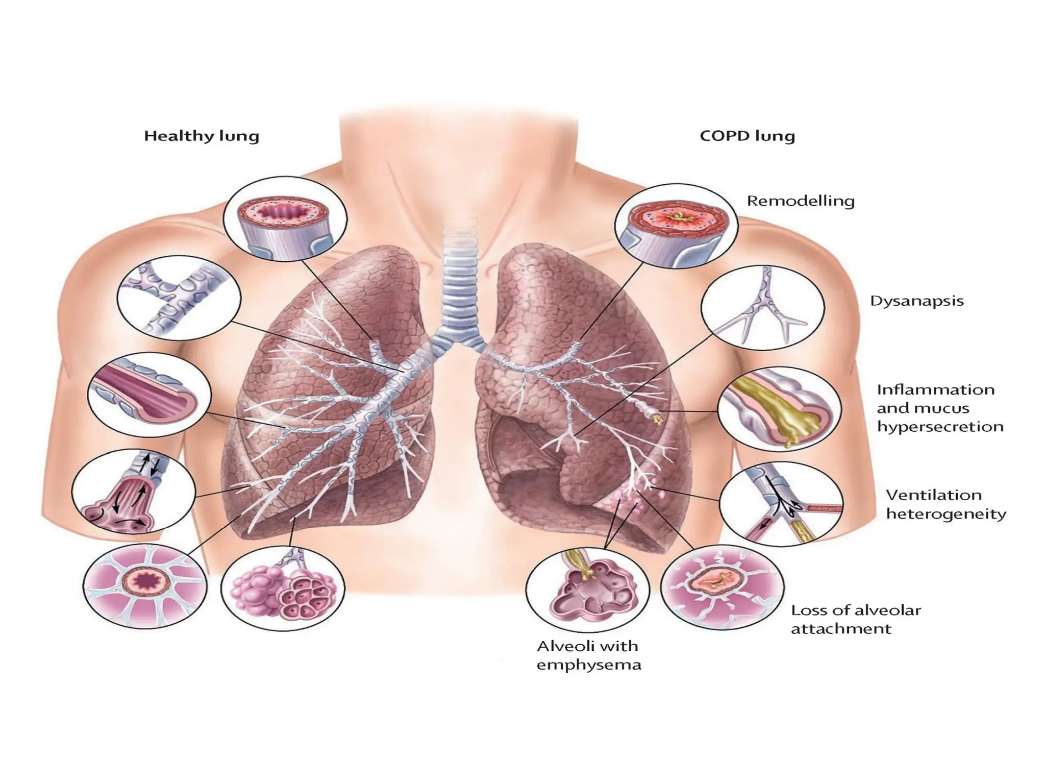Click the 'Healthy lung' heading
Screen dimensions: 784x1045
tap(202, 136)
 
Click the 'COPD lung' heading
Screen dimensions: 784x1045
tap(747, 136)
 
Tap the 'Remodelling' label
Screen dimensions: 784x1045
tap(800, 201)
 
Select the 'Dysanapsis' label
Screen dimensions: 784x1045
tap(916, 301)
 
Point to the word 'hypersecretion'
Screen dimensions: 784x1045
tap(940, 427)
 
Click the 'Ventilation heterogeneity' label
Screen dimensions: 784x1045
tap(946, 504)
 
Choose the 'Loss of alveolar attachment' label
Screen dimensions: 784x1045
tap(856, 619)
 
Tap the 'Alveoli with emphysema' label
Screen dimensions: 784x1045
tap(588, 655)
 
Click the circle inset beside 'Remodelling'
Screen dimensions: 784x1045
tap(676, 226)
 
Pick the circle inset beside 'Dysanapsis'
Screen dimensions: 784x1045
tap(762, 307)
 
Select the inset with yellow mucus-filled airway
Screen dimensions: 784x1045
tap(779, 409)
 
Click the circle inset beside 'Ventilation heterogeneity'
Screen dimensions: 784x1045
tap(781, 504)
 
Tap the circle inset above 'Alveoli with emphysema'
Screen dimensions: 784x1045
tap(587, 590)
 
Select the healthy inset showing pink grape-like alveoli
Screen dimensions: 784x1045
tap(283, 588)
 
